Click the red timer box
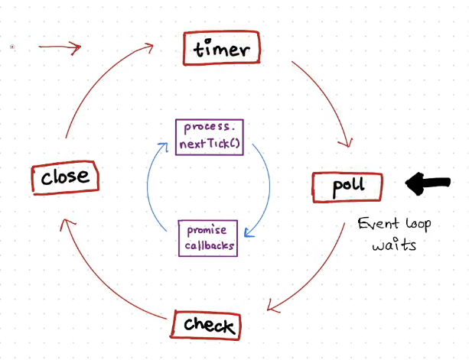(223, 50)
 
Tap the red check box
(207, 326)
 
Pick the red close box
(65, 178)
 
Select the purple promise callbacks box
(207, 238)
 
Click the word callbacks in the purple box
(207, 246)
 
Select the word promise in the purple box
(207, 232)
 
